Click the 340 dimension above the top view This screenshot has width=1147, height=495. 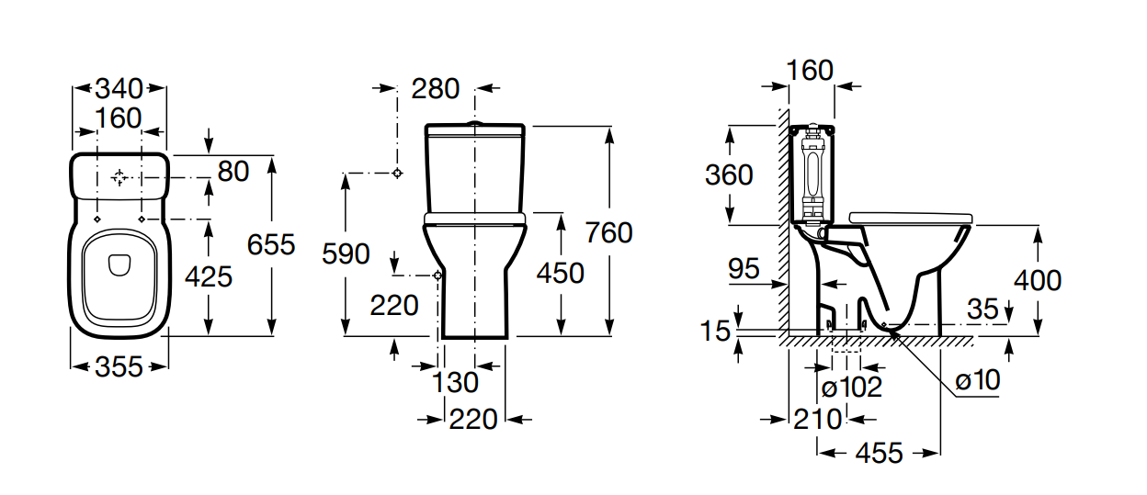pos(119,89)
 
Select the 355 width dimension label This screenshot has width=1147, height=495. pos(119,366)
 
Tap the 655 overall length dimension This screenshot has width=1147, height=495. pos(271,244)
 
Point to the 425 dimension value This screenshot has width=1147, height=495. pos(210,276)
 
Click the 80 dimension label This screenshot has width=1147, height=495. pos(233,171)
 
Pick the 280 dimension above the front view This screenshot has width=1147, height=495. pos(435,89)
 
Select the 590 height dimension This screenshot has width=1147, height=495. pos(345,254)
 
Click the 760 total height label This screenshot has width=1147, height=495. pos(608,233)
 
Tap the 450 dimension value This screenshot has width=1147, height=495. pos(560,273)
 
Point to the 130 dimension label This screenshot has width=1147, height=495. pos(456,382)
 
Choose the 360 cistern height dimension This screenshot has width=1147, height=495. pos(729,174)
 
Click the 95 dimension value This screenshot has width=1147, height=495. pos(744,269)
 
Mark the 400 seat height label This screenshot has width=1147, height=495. pos(1038,280)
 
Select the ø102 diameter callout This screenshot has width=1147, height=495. pos(851,387)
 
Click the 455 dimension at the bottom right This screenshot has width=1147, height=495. pos(879,453)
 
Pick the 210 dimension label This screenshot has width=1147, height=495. pos(817,419)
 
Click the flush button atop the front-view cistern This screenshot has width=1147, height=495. pos(474,123)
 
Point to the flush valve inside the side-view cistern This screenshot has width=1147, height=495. pos(812,174)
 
